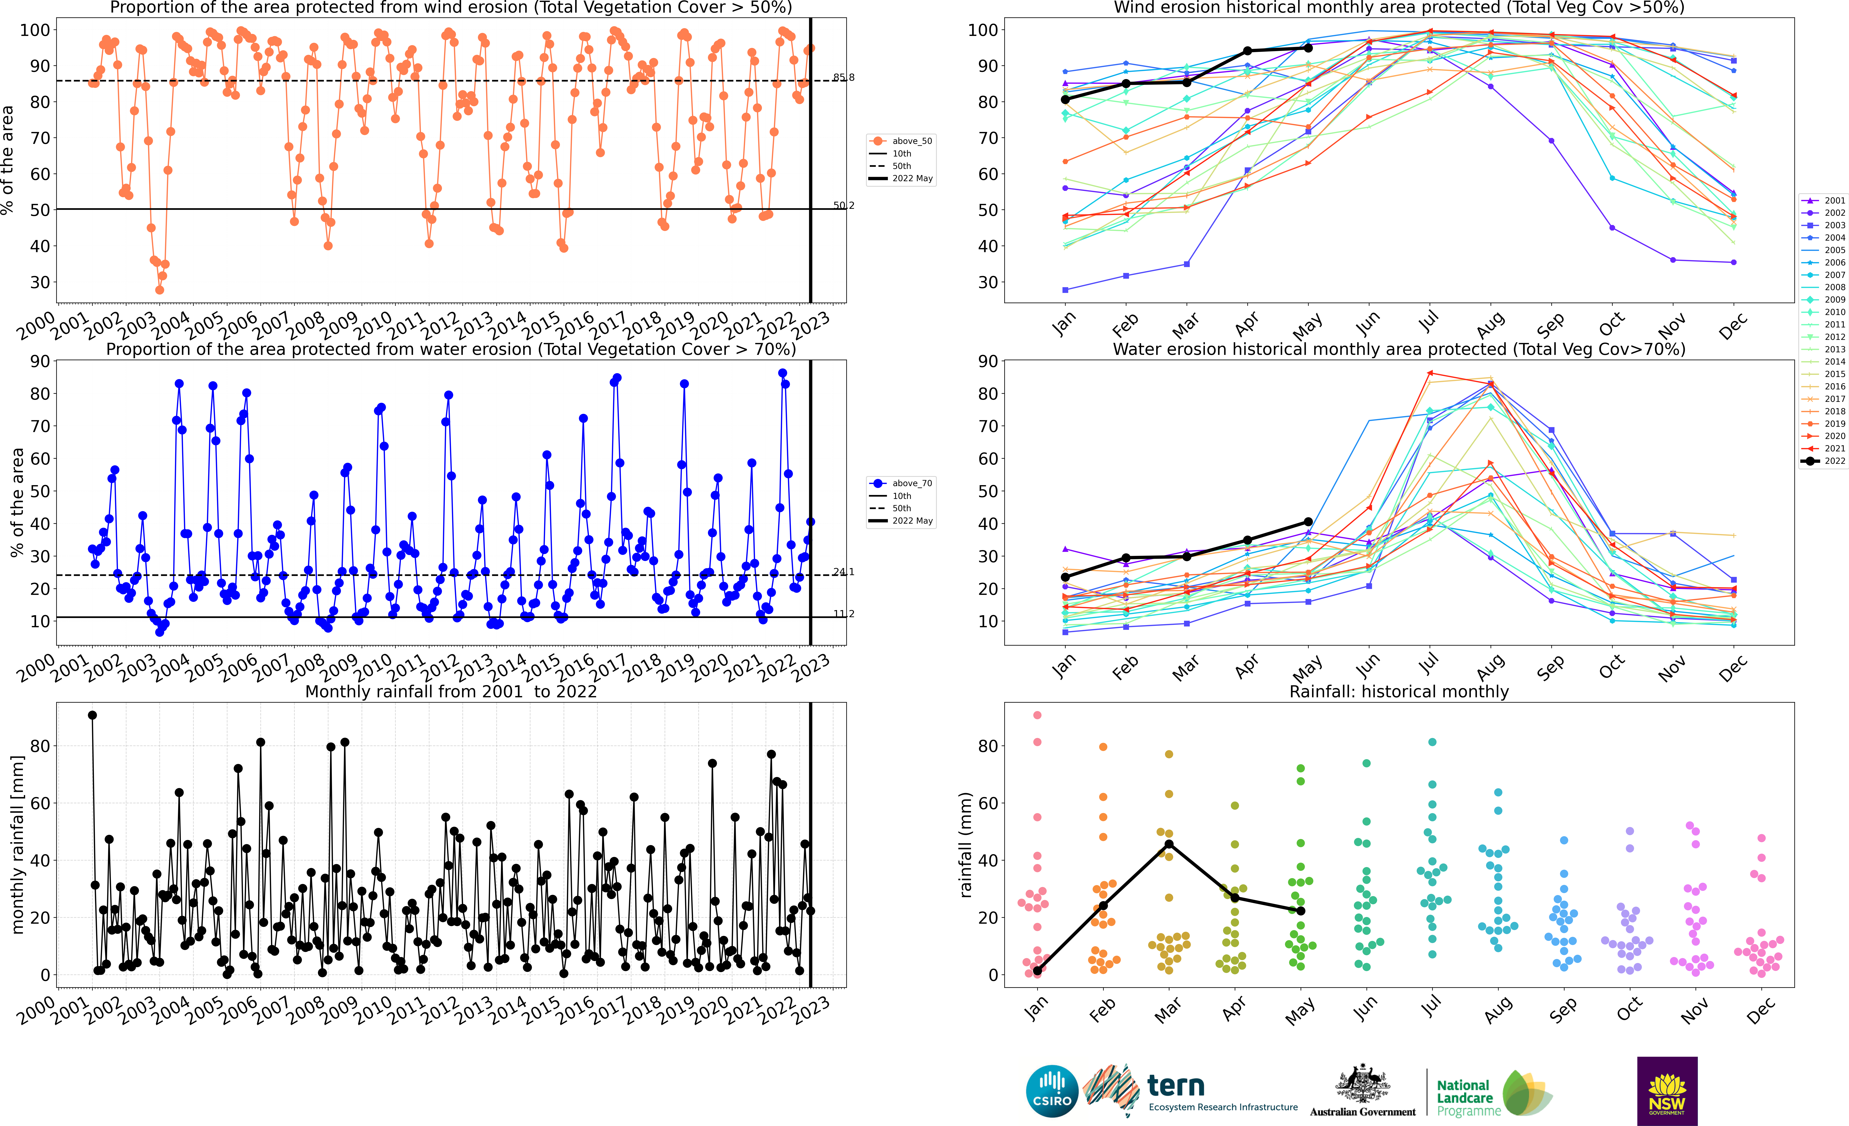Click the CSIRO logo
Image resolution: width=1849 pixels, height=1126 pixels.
[1051, 1091]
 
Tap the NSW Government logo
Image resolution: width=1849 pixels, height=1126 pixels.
[1667, 1091]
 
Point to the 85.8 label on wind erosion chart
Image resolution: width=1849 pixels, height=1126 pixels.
[844, 77]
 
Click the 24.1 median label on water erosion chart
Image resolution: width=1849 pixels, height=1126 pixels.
[844, 572]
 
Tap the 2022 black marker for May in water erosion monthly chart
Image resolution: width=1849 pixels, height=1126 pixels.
[1308, 522]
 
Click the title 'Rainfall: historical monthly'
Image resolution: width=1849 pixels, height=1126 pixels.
[1399, 691]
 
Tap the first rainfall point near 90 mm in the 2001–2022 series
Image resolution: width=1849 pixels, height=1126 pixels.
[92, 715]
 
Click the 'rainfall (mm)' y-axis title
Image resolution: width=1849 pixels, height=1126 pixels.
[966, 845]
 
